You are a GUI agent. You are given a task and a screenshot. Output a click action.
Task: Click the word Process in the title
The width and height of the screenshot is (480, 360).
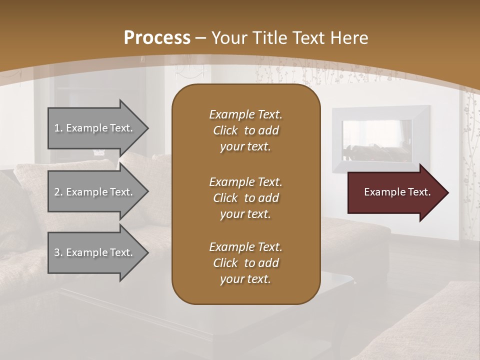click(x=157, y=38)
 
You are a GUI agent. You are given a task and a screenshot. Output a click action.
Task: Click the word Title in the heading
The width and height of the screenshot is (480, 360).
click(x=269, y=38)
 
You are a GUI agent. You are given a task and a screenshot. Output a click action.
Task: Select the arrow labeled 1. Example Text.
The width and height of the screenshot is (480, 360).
click(x=95, y=128)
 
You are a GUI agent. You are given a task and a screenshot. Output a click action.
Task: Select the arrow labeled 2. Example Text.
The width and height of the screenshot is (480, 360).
click(x=95, y=192)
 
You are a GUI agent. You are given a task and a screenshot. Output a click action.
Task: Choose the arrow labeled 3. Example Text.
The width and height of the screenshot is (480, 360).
click(x=95, y=252)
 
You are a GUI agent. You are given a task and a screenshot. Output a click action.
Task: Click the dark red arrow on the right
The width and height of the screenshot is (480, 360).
click(x=395, y=192)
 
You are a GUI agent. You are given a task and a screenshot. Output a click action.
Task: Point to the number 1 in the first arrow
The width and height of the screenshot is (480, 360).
click(x=57, y=128)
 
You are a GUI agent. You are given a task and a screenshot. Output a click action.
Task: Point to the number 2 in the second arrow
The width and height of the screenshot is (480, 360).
click(x=57, y=192)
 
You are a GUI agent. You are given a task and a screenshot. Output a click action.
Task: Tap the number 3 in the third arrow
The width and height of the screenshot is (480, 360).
click(x=57, y=252)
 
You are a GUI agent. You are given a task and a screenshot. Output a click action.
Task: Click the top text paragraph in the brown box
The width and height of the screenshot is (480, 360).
click(x=245, y=130)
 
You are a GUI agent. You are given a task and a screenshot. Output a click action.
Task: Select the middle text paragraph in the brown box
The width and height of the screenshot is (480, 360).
click(x=245, y=197)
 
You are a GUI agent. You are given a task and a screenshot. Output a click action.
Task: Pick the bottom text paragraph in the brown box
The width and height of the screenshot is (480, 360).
click(x=245, y=263)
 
